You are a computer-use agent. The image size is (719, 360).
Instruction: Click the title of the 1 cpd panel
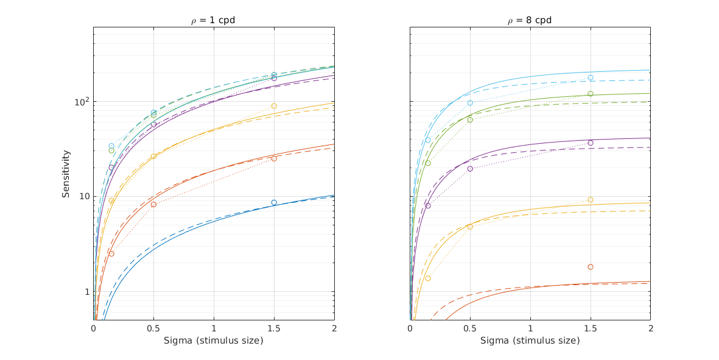213,20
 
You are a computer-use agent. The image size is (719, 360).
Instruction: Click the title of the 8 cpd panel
530,20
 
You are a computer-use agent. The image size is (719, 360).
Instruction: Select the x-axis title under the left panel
213,341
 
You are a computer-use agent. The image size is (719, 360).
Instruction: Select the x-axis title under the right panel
530,341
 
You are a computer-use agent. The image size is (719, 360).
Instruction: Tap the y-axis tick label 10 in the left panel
83,196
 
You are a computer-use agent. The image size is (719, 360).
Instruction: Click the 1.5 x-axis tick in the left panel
274,328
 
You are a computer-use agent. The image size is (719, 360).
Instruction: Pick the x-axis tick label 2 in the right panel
650,328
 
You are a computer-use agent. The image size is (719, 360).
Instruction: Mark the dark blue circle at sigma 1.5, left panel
274,202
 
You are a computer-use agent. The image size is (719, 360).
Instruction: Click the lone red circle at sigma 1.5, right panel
591,267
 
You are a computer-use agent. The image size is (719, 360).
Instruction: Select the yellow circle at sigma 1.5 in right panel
591,200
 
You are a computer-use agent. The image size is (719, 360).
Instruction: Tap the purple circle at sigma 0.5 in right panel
470,169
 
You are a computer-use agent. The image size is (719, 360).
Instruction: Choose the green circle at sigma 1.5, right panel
591,94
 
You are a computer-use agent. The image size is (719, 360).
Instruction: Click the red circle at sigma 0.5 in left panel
153,204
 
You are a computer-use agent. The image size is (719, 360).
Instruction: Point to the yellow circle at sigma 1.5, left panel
274,106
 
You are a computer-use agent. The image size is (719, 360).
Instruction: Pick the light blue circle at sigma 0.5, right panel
470,103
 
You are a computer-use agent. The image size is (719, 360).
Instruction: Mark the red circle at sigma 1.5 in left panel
274,158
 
